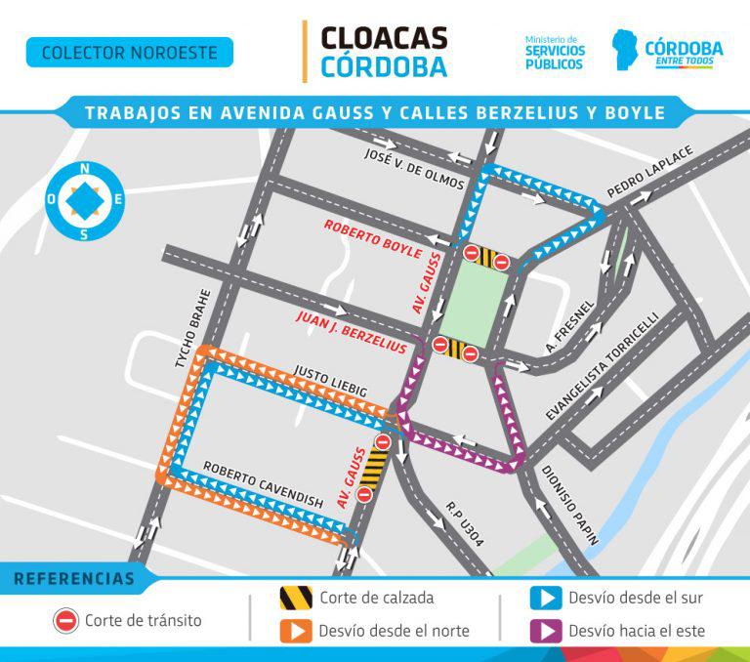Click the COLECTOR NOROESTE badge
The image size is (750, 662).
click(x=129, y=52)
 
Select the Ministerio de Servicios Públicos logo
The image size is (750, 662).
click(x=555, y=52)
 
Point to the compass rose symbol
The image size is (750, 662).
click(x=85, y=200)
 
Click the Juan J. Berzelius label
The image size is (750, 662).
click(x=350, y=333)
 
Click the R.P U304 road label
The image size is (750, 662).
click(x=464, y=523)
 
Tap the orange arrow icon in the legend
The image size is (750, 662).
click(x=296, y=631)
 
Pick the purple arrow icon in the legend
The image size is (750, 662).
click(x=545, y=631)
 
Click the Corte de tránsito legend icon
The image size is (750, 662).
click(x=65, y=620)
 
